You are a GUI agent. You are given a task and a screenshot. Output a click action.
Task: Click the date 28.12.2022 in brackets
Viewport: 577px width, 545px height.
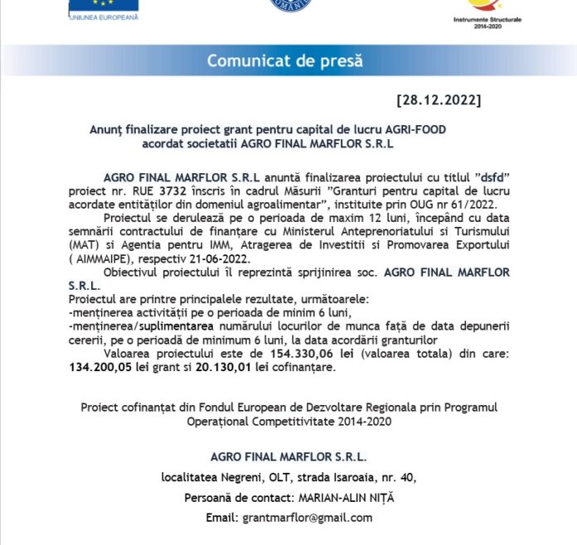(439, 100)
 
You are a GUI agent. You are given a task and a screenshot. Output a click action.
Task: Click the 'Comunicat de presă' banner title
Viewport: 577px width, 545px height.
(284, 60)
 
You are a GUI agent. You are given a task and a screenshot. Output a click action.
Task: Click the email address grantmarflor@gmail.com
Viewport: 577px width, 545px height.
(308, 518)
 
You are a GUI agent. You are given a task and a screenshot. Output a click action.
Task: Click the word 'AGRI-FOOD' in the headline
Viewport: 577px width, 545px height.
(416, 130)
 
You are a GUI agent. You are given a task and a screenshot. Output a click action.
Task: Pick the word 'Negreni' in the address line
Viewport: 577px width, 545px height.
(239, 478)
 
